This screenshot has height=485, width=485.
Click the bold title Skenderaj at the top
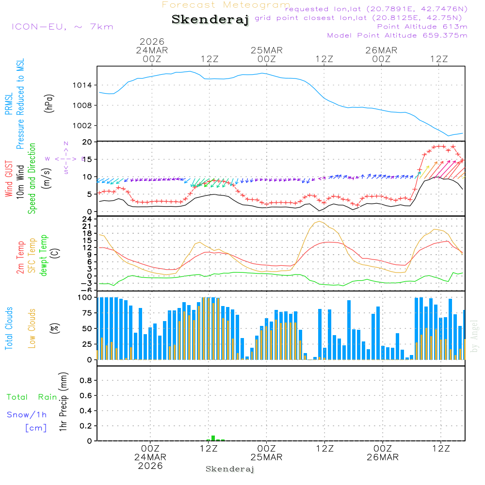tap(210, 19)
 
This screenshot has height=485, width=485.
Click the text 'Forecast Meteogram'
tap(226, 5)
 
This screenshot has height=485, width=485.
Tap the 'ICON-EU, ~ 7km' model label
tap(62, 27)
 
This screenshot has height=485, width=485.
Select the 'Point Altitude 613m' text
tap(422, 27)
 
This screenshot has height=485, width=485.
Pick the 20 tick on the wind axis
tap(87, 142)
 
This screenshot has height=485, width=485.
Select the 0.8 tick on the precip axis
tap(86, 381)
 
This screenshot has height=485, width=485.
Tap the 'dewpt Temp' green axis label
tap(44, 256)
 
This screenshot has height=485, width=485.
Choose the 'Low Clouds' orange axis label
tap(32, 328)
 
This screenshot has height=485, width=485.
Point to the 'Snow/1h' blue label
tap(27, 415)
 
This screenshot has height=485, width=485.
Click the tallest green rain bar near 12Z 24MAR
tap(213, 438)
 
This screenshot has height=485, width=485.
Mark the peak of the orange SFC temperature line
tap(319, 221)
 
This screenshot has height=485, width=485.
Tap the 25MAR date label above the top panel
tap(266, 50)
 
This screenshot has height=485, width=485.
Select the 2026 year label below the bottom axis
tap(150, 466)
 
